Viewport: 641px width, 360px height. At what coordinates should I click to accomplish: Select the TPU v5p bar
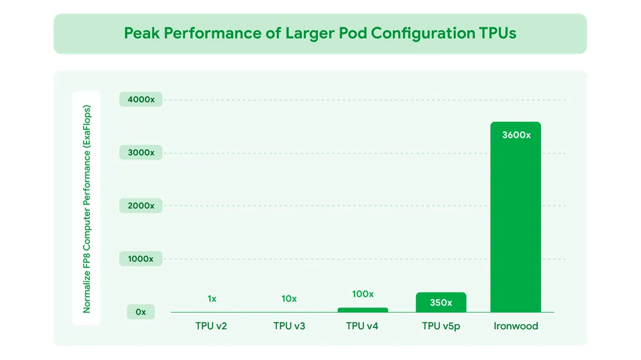click(440, 302)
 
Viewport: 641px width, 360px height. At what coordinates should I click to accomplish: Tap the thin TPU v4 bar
click(363, 310)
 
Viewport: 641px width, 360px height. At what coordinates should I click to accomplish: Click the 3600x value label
click(515, 135)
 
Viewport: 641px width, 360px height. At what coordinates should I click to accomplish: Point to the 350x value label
click(440, 302)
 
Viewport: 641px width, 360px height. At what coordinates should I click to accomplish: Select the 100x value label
click(363, 294)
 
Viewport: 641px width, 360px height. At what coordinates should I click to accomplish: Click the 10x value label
click(289, 299)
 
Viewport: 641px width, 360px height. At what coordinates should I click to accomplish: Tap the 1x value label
click(212, 299)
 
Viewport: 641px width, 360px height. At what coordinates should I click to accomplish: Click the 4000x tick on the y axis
click(140, 100)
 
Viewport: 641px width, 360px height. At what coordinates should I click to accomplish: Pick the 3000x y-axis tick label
click(140, 152)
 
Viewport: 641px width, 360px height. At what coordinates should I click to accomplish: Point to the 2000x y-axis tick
click(140, 206)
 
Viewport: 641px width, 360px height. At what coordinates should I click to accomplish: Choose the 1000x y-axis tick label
click(140, 259)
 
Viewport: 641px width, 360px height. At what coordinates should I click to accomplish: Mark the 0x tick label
click(140, 312)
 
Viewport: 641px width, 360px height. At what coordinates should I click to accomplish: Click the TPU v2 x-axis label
click(212, 326)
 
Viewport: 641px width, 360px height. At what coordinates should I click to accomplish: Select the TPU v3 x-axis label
click(289, 326)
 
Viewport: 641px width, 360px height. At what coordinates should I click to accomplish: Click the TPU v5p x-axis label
click(441, 326)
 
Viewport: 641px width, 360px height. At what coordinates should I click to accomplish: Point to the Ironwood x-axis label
click(516, 326)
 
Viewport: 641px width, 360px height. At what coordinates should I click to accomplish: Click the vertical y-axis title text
click(87, 209)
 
